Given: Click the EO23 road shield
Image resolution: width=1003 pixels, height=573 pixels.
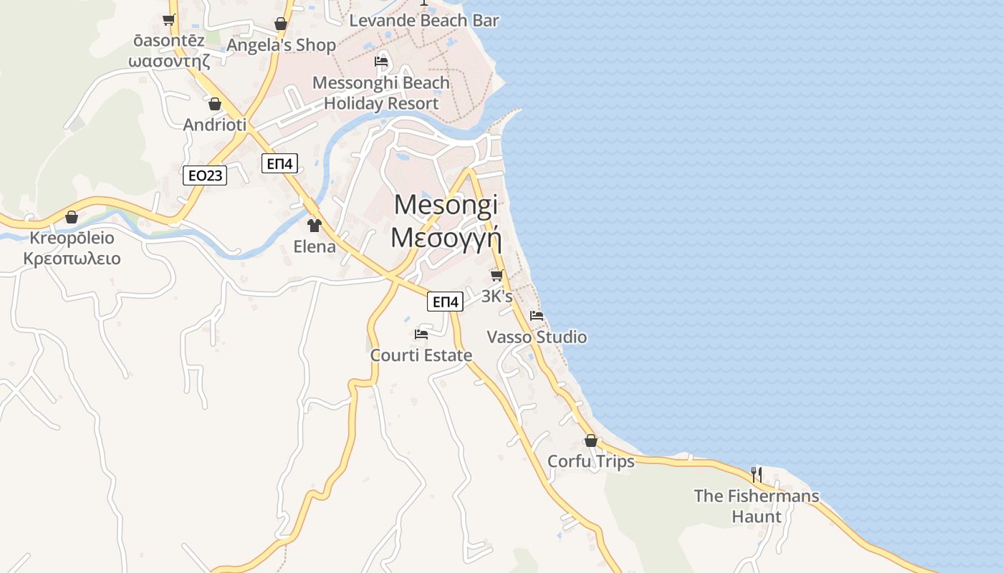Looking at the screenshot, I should point(205,175).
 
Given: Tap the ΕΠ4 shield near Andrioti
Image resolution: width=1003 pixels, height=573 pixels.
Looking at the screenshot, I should point(280,163).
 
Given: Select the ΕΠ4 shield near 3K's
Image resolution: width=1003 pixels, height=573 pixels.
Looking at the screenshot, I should point(444,302).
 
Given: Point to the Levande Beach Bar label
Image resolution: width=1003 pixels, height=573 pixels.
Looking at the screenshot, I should point(424,21).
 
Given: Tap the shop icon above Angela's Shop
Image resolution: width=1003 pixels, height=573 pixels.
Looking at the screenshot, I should point(281,24).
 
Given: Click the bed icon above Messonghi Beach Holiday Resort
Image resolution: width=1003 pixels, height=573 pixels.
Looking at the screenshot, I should point(381,62).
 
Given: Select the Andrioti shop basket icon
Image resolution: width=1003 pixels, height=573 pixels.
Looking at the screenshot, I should point(215,104).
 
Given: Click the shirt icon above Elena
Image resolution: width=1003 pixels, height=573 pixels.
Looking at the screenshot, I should point(314,226).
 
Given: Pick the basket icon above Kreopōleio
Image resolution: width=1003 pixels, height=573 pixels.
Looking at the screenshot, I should point(72,216).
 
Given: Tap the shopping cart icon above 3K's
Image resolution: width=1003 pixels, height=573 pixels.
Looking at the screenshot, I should point(496,275).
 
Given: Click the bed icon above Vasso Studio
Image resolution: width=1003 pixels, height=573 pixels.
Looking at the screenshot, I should point(537,316).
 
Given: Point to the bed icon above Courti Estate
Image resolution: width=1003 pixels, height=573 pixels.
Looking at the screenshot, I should point(421,334).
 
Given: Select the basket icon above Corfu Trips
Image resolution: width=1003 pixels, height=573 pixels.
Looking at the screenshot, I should point(591,440).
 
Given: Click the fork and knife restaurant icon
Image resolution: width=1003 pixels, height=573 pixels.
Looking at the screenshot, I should point(756,474).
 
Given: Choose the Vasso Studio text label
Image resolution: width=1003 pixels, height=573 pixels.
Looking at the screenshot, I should point(537,337).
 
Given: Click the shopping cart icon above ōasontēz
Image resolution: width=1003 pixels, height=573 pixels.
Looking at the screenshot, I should point(169,20).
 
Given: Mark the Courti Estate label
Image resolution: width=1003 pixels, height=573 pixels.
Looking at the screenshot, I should point(421,355).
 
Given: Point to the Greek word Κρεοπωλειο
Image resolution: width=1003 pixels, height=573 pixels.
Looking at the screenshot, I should point(72,259).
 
